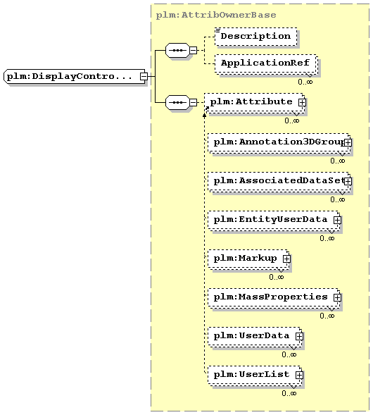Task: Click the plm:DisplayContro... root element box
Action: (75, 77)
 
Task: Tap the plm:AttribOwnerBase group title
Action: (216, 15)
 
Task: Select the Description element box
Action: (255, 37)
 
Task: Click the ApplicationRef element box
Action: (266, 63)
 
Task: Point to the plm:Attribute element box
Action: (254, 103)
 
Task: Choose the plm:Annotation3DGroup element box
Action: (279, 143)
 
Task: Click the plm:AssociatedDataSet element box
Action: (279, 182)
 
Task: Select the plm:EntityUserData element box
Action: (274, 221)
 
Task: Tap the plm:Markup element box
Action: (248, 259)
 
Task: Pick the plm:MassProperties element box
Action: (274, 297)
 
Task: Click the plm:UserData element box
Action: (255, 336)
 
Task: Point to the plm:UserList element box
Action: (255, 375)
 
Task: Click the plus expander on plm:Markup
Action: (286, 259)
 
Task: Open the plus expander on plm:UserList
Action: (299, 375)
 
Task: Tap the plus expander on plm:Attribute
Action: (302, 102)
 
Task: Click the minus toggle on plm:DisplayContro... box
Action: (144, 77)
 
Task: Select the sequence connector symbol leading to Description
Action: (177, 50)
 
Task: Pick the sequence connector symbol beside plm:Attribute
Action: (177, 102)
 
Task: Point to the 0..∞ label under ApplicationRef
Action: (305, 82)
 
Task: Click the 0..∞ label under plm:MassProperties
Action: (327, 316)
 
